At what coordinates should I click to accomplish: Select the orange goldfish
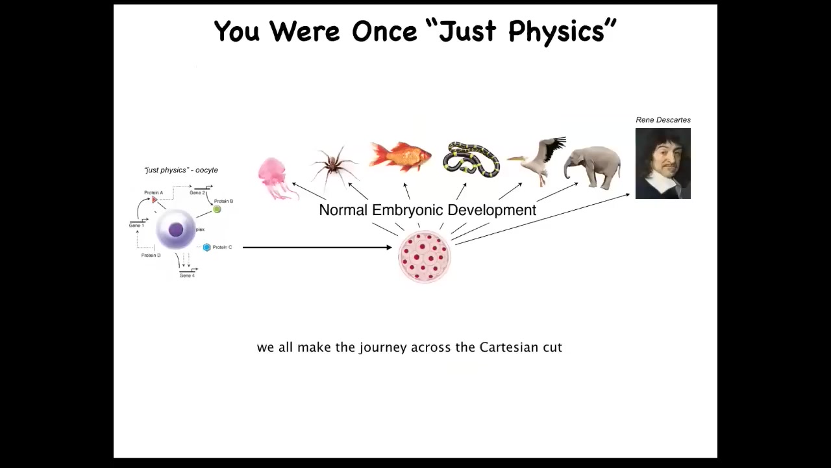[400, 156]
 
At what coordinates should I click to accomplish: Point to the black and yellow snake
[471, 160]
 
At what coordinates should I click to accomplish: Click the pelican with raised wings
[538, 160]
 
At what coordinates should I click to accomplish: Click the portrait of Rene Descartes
[663, 163]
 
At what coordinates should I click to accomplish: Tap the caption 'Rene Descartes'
[663, 120]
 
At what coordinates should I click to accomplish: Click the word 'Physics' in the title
[556, 32]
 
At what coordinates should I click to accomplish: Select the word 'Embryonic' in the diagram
[408, 210]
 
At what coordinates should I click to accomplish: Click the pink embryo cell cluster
[425, 257]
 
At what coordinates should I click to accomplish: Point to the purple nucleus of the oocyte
[176, 230]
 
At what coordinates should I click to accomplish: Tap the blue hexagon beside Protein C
[207, 248]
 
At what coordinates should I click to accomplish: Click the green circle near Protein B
[217, 209]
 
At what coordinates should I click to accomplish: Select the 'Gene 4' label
[187, 276]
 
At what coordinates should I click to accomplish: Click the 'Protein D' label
[151, 255]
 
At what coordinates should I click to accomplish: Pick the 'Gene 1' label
[136, 226]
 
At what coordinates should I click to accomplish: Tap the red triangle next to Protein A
[155, 200]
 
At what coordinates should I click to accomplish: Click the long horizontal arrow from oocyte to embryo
[317, 248]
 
